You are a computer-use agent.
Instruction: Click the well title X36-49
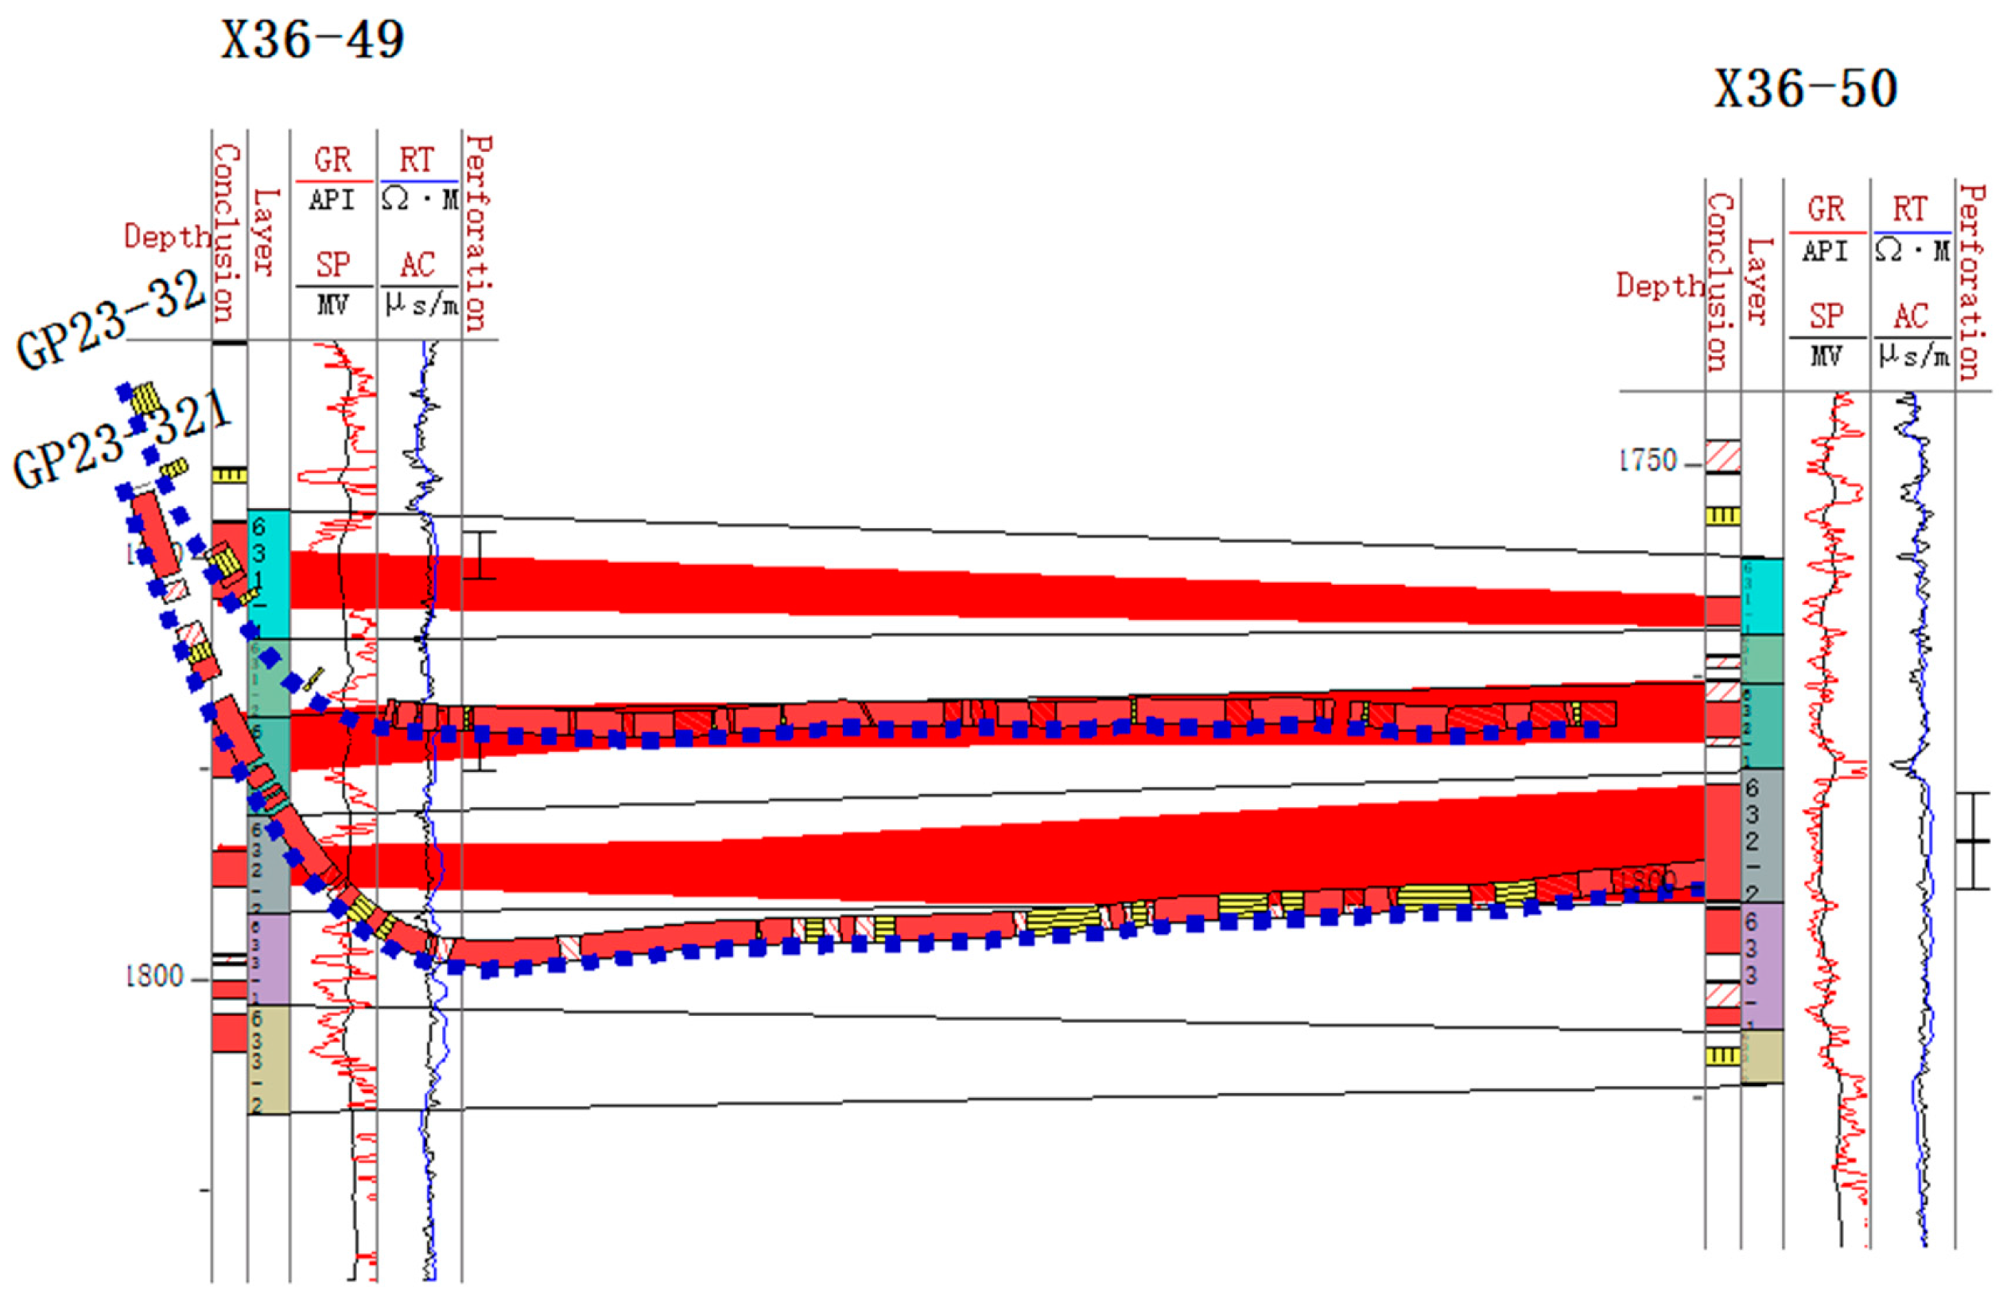313,40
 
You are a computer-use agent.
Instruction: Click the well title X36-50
1805,89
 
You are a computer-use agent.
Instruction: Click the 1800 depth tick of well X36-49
155,977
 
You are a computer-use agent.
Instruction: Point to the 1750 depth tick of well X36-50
1649,461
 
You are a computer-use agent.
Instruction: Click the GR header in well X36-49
332,161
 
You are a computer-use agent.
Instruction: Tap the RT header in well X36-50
1910,210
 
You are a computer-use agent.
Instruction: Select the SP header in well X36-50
1826,316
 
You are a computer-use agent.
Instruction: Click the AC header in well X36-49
417,266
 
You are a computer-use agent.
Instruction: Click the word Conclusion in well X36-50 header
1720,282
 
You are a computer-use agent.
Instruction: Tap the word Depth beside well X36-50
1659,286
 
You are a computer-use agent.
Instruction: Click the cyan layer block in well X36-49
268,574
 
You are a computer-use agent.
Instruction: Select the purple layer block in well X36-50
1761,966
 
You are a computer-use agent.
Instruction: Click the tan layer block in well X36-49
268,1060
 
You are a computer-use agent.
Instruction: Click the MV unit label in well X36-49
332,304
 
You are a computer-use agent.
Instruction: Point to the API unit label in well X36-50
1826,251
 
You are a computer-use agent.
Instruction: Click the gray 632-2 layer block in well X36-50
1761,835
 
